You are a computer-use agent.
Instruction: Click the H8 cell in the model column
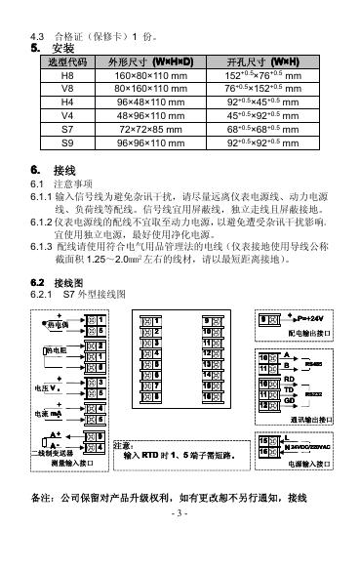[67, 74]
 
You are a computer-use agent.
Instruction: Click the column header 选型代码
[67, 61]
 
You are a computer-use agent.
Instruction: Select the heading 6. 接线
[52, 169]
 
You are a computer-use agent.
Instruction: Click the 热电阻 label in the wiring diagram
[55, 350]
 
